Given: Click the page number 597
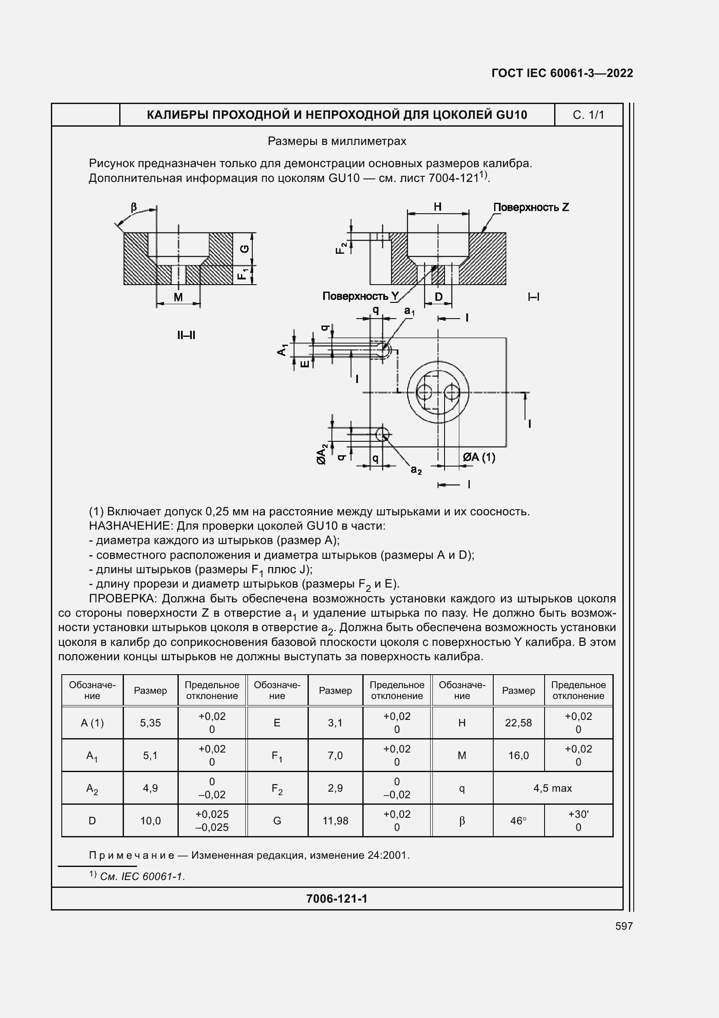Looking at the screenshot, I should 624,926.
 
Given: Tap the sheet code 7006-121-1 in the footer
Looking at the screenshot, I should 337,899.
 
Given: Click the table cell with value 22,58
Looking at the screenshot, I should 518,723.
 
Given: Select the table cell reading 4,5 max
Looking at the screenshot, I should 552,788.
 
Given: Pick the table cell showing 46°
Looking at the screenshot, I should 518,821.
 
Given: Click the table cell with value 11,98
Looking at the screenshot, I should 335,821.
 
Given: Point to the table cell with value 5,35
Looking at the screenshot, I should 150,723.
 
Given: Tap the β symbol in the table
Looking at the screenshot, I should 461,821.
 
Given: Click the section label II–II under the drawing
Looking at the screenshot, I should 186,335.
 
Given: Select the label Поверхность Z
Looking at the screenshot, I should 531,207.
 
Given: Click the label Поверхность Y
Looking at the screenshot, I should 361,296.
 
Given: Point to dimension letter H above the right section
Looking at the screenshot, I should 438,207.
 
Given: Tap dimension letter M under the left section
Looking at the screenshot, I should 178,297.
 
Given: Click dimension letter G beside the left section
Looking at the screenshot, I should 244,249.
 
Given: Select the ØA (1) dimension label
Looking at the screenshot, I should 479,457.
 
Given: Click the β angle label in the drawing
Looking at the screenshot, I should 134,207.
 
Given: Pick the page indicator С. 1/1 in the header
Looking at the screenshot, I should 589,115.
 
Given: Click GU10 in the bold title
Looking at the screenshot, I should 511,115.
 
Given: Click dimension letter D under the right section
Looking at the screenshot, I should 438,297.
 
